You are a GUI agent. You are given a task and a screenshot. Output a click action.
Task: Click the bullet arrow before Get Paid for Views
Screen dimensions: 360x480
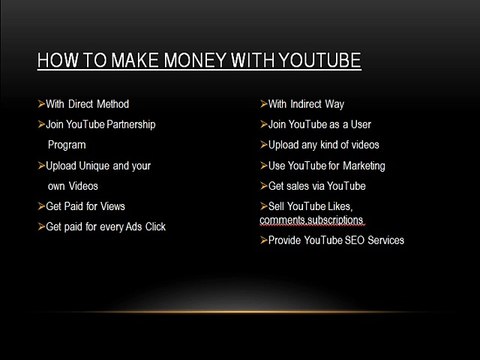40,205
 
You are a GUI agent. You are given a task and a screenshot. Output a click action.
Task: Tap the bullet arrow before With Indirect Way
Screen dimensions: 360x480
262,103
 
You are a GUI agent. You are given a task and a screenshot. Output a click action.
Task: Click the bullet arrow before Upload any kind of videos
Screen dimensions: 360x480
262,144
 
